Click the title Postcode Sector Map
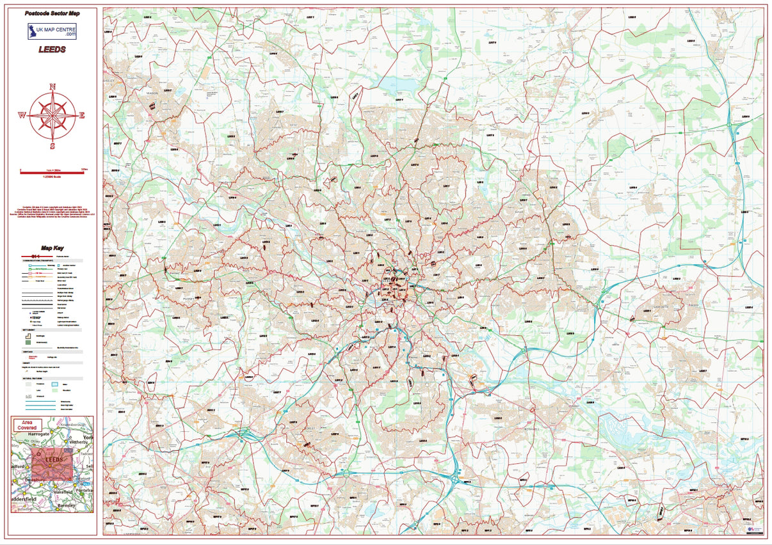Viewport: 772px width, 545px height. pos(52,13)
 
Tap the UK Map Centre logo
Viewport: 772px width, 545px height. pos(52,31)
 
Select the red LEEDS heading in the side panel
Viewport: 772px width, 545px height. pos(52,50)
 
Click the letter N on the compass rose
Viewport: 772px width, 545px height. pos(52,86)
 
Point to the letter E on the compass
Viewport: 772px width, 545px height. pos(82,116)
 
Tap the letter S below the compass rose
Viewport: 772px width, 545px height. pos(52,145)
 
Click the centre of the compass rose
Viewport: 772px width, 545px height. pos(52,115)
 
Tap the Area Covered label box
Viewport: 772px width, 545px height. pos(28,425)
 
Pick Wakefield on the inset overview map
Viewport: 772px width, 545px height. pos(62,491)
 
